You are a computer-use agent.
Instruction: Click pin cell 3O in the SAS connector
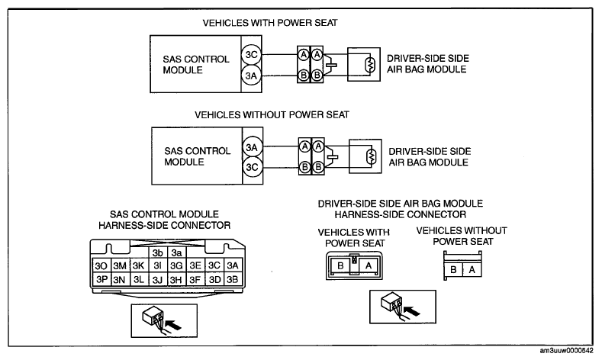point(101,265)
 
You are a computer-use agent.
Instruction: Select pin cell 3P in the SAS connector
point(101,279)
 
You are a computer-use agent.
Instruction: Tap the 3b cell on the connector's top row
point(157,252)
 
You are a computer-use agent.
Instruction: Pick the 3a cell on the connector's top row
point(176,252)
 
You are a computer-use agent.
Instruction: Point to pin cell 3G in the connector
point(176,265)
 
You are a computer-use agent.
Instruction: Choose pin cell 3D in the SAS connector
point(214,279)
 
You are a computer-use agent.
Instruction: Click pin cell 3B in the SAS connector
point(233,279)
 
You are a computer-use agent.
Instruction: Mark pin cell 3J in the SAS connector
point(157,279)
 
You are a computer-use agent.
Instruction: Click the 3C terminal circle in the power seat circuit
point(252,54)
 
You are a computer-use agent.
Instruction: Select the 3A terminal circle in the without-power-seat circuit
point(253,147)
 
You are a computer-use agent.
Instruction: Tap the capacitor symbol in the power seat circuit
point(331,65)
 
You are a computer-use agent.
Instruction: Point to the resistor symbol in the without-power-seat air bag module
point(372,156)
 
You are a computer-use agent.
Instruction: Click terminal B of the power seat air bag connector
point(340,265)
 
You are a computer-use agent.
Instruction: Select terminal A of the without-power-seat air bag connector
point(472,270)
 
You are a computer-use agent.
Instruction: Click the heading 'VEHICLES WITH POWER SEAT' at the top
point(270,23)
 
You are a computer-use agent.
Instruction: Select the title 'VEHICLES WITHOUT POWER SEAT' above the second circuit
point(272,114)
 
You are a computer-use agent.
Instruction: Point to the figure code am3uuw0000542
point(566,351)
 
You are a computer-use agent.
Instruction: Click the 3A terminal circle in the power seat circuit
point(252,76)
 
